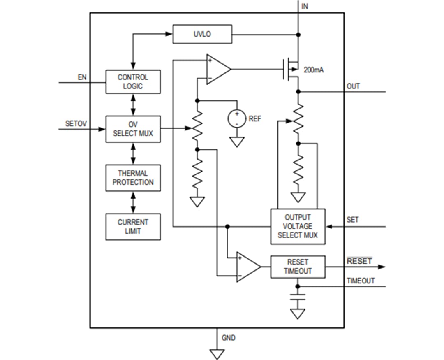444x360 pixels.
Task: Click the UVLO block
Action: tap(202, 34)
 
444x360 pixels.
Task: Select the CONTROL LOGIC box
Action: tap(133, 81)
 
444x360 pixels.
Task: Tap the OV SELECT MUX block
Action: tap(133, 129)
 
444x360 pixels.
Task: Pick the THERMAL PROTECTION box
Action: tap(133, 178)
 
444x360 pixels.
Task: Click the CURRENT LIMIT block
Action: tap(133, 227)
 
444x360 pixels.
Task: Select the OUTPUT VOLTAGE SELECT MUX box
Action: tap(298, 226)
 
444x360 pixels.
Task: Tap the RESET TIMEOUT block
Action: tap(298, 267)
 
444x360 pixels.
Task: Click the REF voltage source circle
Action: tap(237, 118)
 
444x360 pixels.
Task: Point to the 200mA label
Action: tap(314, 70)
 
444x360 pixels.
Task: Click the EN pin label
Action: tap(82, 77)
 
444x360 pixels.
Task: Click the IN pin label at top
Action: tap(305, 6)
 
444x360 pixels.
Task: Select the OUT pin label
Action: tap(353, 86)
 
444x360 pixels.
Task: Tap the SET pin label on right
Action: tap(352, 220)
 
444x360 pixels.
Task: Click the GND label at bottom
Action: tap(229, 338)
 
